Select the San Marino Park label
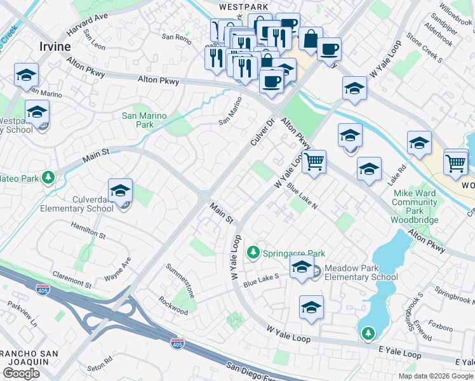click(x=144, y=120)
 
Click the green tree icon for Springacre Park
click(x=253, y=253)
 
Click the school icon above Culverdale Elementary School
click(x=120, y=190)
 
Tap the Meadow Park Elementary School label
click(x=361, y=272)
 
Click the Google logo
click(x=21, y=373)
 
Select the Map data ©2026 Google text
click(x=436, y=376)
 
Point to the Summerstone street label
click(x=180, y=280)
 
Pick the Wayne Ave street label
click(x=117, y=269)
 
